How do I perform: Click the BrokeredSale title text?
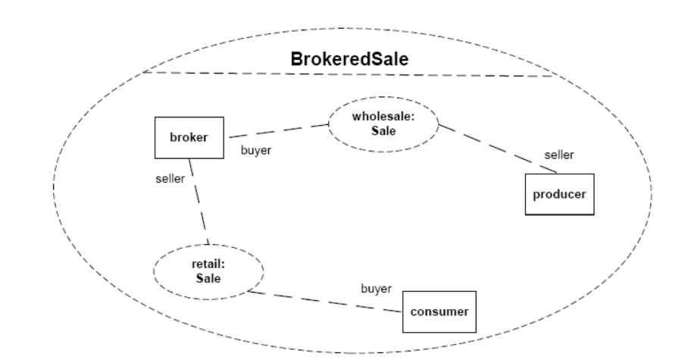coord(349,60)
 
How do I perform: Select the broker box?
coord(188,137)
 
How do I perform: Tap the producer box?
coord(559,194)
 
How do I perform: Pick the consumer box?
coord(440,311)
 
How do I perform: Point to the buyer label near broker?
coord(256,149)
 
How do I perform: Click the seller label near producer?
coord(559,155)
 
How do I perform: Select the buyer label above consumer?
coord(376,289)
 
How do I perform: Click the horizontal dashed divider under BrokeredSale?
coord(349,75)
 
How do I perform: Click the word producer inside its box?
coord(559,194)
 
